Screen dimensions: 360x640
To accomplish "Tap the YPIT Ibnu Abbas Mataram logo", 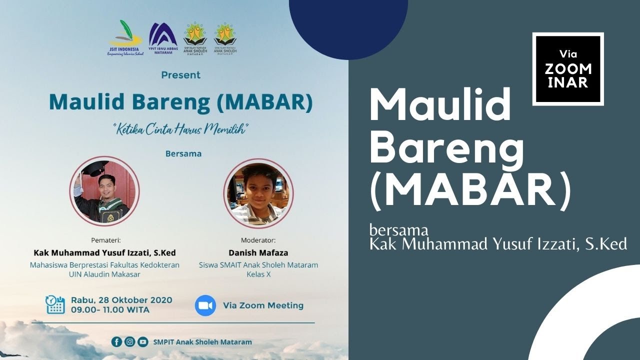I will point(162,38).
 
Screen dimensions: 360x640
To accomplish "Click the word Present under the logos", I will point(180,75).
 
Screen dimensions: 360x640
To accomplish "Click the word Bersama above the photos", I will point(183,153).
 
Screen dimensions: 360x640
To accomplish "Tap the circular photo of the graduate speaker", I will point(104,191).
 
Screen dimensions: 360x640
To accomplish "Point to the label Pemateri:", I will point(106,240).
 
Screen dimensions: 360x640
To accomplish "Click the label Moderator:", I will point(258,240).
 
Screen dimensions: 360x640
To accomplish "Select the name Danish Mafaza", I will point(258,253).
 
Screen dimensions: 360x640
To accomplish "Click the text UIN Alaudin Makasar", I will point(104,274).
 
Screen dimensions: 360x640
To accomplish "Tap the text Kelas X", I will point(258,274).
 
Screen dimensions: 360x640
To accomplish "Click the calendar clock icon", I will point(55,304).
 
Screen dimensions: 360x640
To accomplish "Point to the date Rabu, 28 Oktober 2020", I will point(121,300).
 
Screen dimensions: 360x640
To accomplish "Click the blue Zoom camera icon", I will point(205,305).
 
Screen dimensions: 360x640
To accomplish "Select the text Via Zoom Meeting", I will point(263,305).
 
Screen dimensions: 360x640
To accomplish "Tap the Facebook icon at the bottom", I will point(116,342).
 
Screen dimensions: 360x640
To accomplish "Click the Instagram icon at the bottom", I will point(129,342).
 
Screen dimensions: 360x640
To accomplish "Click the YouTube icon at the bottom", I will point(143,342).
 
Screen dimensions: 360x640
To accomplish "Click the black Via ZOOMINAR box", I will point(568,69).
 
